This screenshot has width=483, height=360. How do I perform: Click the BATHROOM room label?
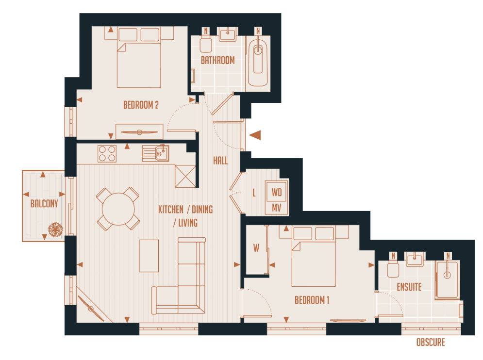pyautogui.click(x=218, y=61)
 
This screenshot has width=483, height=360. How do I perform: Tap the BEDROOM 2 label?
pyautogui.click(x=141, y=105)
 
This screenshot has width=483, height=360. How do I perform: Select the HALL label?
pyautogui.click(x=220, y=161)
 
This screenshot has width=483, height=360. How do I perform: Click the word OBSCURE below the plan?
pyautogui.click(x=430, y=343)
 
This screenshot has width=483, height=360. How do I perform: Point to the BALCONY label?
pyautogui.click(x=44, y=204)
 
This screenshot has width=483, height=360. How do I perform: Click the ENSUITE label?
pyautogui.click(x=409, y=287)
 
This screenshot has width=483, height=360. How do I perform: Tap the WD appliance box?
pyautogui.click(x=277, y=192)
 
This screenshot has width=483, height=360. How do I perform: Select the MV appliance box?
pyautogui.click(x=277, y=207)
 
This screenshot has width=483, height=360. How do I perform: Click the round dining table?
pyautogui.click(x=118, y=209)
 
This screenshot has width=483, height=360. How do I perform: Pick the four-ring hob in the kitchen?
pyautogui.click(x=107, y=154)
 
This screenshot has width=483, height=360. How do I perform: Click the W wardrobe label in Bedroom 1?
pyautogui.click(x=256, y=248)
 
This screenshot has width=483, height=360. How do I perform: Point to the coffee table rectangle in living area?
pyautogui.click(x=149, y=256)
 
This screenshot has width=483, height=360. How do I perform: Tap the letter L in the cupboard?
pyautogui.click(x=254, y=193)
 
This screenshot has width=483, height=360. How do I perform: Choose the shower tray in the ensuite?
pyautogui.click(x=447, y=280)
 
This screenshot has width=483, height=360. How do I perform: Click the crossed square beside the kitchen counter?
pyautogui.click(x=185, y=176)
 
